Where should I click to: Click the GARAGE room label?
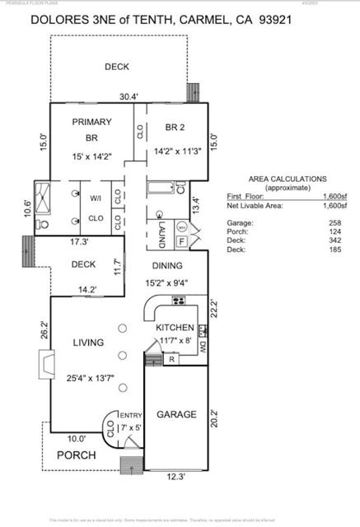pyautogui.click(x=176, y=414)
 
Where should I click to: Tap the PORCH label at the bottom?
pyautogui.click(x=76, y=455)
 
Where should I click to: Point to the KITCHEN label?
pyautogui.click(x=175, y=327)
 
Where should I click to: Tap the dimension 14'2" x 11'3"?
pyautogui.click(x=177, y=152)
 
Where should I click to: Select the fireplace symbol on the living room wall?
pyautogui.click(x=46, y=364)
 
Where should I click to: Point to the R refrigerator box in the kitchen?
pyautogui.click(x=171, y=359)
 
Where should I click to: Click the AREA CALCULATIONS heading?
pyautogui.click(x=287, y=179)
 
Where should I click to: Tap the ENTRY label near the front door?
pyautogui.click(x=132, y=415)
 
